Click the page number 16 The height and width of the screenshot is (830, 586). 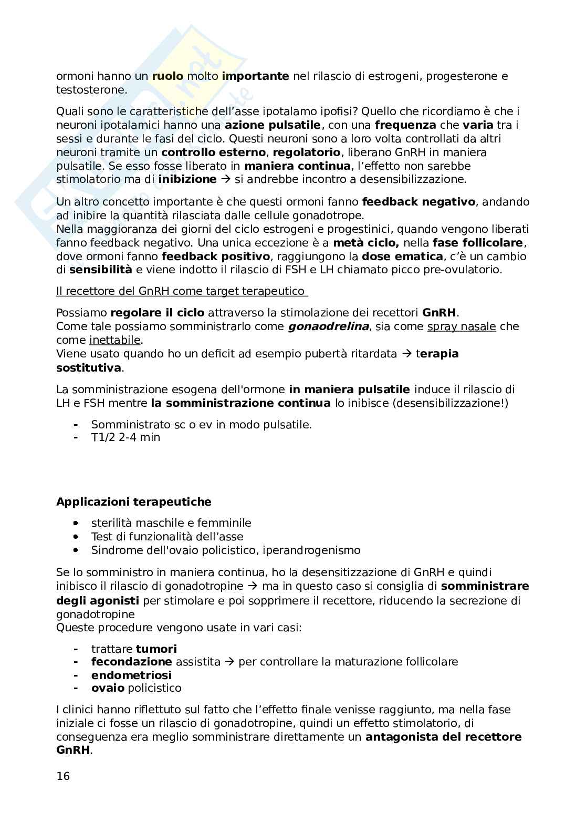[x=63, y=776]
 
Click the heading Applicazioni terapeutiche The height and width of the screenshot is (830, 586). [x=134, y=502]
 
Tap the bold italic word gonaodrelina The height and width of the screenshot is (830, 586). [x=328, y=326]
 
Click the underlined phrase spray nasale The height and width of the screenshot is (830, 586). [x=462, y=326]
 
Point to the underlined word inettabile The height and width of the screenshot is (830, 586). [x=115, y=340]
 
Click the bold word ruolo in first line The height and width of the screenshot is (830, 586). [x=168, y=76]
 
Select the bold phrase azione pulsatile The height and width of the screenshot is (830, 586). [x=273, y=125]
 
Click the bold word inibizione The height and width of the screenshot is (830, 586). [x=187, y=179]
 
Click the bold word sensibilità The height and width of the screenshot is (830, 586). [x=101, y=270]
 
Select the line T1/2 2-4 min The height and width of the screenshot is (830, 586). [x=125, y=437]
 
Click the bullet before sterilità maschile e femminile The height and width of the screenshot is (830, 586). [x=77, y=524]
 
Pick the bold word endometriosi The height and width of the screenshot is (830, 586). [x=131, y=675]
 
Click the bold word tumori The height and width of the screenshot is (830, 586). [x=156, y=649]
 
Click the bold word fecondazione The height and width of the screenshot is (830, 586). [x=131, y=662]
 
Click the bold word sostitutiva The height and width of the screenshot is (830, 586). [x=89, y=367]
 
